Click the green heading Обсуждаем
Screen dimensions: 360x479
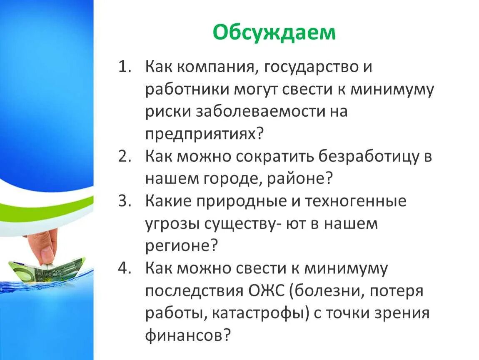pos(274,32)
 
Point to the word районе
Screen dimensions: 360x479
pos(297,180)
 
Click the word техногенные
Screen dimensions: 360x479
pos(355,202)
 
